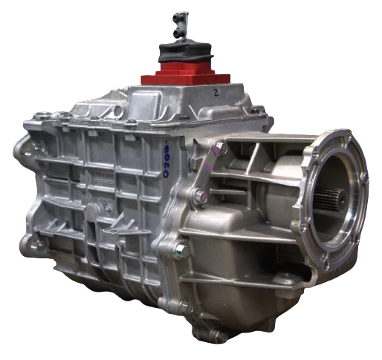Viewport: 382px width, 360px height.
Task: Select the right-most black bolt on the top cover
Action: [256, 111]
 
